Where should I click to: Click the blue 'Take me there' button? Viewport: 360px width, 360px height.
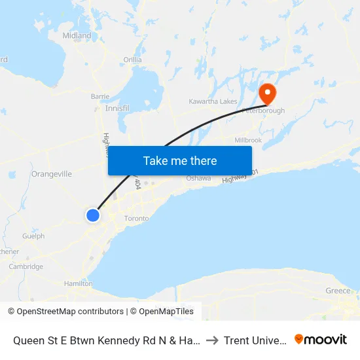(180, 160)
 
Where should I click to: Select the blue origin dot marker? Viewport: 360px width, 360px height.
(93, 215)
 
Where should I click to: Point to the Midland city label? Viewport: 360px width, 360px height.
(77, 36)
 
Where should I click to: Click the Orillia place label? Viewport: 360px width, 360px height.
(132, 60)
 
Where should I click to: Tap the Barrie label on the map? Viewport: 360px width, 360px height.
(100, 96)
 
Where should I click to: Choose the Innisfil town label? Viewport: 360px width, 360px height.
(118, 108)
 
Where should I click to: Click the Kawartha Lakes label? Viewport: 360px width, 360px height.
(213, 101)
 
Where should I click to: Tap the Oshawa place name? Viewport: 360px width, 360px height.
(198, 178)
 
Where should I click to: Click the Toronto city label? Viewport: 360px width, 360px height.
(136, 218)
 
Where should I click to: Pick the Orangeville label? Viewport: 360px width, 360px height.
(51, 174)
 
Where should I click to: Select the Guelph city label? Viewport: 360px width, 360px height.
(33, 236)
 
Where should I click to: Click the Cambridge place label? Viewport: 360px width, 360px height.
(26, 266)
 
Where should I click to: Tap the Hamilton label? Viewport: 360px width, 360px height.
(78, 283)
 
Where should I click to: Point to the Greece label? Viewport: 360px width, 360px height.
(338, 291)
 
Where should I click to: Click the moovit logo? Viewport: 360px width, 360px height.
(321, 339)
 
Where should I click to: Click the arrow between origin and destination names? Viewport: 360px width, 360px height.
(211, 340)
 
